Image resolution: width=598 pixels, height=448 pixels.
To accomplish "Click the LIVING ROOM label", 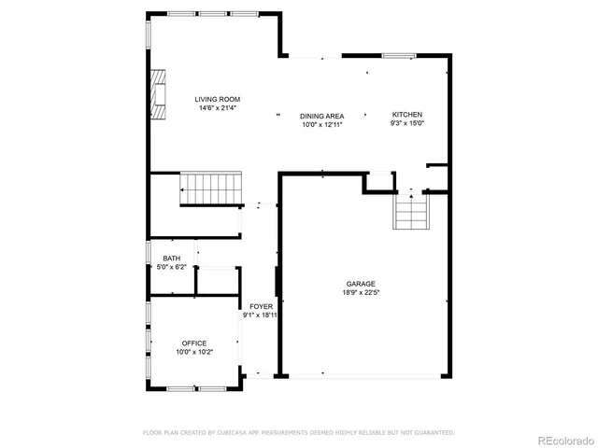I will (218, 99).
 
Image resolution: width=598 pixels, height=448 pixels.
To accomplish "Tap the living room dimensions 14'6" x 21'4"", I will (218, 108).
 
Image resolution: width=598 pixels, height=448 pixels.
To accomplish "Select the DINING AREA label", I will (321, 116).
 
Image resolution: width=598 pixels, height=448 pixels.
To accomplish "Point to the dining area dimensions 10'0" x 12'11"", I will (321, 125).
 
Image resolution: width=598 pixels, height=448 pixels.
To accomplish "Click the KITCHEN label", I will (406, 114).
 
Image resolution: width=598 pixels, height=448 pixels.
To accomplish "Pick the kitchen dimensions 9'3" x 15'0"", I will (406, 123).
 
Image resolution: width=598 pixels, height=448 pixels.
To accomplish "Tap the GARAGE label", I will (361, 284).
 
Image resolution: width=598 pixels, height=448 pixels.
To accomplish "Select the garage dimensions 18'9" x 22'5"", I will (361, 293).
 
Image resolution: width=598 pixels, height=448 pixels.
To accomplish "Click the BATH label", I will (172, 259).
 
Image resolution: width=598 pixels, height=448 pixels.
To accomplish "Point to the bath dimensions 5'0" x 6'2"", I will (172, 268).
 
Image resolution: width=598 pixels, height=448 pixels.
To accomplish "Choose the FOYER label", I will (261, 306).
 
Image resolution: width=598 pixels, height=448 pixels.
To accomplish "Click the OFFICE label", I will (194, 343).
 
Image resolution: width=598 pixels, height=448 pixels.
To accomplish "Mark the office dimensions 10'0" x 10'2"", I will (194, 353).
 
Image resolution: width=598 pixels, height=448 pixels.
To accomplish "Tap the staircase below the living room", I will (210, 189).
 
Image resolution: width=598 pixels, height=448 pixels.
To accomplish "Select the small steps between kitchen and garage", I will (410, 213).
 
